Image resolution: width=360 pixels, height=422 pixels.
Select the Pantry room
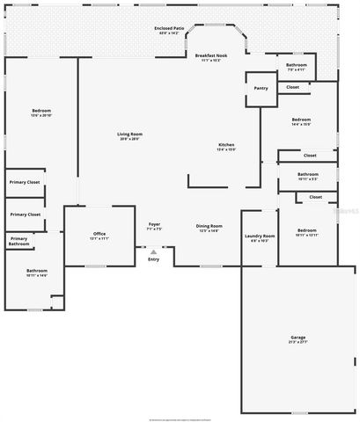[x=261, y=88]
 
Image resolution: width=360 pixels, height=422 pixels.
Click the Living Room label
[x=129, y=134]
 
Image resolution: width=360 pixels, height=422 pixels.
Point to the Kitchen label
[x=226, y=145]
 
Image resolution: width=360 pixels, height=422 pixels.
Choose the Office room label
[x=99, y=234]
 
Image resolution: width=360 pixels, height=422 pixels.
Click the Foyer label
[x=154, y=225]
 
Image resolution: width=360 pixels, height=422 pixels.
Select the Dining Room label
[x=209, y=226]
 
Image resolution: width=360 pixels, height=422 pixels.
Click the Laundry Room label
[x=260, y=236]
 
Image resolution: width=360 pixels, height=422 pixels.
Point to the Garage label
[x=298, y=338]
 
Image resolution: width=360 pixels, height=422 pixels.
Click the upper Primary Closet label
[x=25, y=182]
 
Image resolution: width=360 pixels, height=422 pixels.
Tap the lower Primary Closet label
[x=25, y=214]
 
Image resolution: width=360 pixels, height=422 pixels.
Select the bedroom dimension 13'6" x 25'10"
[x=41, y=115]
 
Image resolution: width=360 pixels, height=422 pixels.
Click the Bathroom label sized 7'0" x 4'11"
[x=297, y=65]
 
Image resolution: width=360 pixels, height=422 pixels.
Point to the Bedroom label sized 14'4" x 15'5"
[x=301, y=120]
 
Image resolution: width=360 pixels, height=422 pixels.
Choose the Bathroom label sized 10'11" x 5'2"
[x=307, y=174]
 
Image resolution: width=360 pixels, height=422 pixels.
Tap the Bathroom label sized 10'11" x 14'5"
[x=36, y=271]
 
